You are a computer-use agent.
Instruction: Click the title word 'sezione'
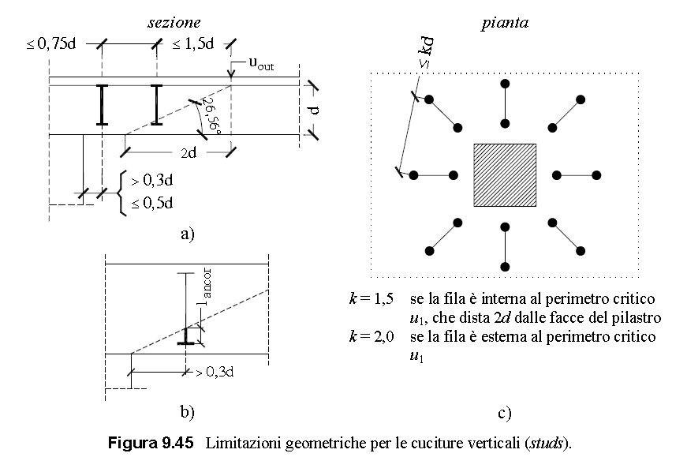click(x=174, y=23)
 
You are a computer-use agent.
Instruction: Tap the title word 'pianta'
click(x=505, y=23)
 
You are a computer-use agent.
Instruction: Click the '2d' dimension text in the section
click(x=187, y=153)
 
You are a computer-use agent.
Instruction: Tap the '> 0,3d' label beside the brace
click(x=151, y=182)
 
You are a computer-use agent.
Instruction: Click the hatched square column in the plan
click(x=505, y=175)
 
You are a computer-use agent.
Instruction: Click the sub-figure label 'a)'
click(x=187, y=234)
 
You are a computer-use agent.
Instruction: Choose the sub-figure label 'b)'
click(x=187, y=411)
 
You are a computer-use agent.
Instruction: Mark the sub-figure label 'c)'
click(x=505, y=412)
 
